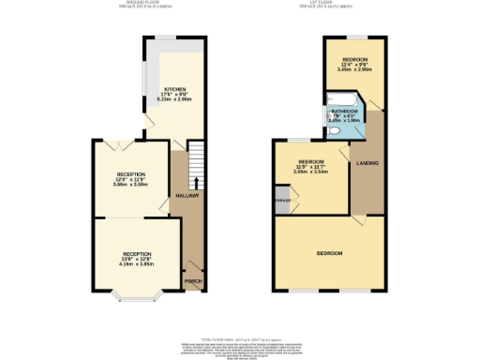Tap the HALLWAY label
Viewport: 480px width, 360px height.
(x=187, y=195)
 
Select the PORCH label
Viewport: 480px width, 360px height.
(x=192, y=281)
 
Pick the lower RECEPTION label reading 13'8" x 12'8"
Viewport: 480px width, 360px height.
(x=136, y=254)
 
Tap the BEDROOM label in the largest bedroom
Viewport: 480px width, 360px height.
(x=329, y=254)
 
